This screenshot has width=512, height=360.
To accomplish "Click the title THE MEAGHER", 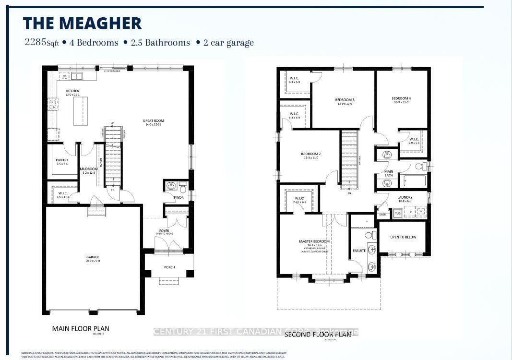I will pyautogui.click(x=83, y=24).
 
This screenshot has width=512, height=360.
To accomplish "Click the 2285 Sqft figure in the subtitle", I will pyautogui.click(x=41, y=42).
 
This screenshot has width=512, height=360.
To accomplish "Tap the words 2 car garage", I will pyautogui.click(x=227, y=42).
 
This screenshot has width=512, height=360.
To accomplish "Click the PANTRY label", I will pyautogui.click(x=62, y=160).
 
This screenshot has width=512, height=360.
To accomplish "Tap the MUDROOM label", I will pyautogui.click(x=89, y=169).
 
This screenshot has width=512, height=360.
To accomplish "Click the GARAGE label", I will pyautogui.click(x=93, y=257).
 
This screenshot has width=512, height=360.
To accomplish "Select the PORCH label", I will pyautogui.click(x=169, y=267).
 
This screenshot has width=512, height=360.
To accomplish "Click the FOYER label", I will pyautogui.click(x=165, y=230).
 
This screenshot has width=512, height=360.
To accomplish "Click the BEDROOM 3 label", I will pyautogui.click(x=344, y=100).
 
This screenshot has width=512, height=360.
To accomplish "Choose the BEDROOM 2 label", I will pyautogui.click(x=311, y=154).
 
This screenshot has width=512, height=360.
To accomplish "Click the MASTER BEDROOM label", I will pyautogui.click(x=315, y=241).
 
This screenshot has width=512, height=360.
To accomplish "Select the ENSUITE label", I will pyautogui.click(x=359, y=250).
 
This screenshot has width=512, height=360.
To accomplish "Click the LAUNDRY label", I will pyautogui.click(x=405, y=197).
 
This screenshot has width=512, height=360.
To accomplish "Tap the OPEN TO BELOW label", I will pyautogui.click(x=403, y=237).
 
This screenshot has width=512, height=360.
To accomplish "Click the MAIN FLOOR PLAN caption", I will pyautogui.click(x=81, y=329).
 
